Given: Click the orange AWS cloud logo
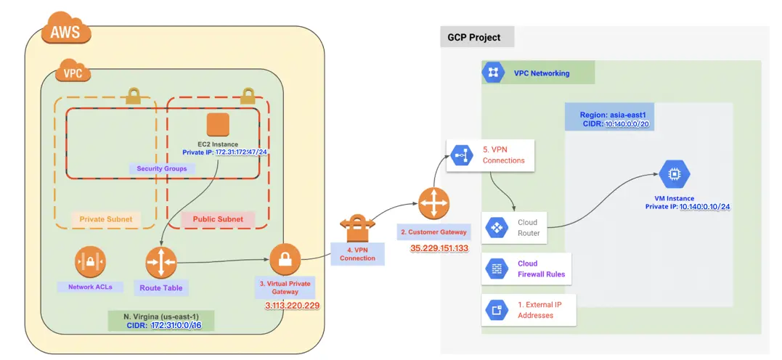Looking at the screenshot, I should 65,30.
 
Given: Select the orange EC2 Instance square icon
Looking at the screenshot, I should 218,124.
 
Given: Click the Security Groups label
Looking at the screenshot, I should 162,168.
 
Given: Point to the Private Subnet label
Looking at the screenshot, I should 106,218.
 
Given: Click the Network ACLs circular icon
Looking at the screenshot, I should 91,261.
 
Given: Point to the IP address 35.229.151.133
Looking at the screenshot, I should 439,248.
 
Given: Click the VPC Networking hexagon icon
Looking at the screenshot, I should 494,73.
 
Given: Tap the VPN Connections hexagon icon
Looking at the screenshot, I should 460,155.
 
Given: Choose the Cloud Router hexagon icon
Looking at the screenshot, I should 497,228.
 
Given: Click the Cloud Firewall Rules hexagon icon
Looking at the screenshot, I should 497,269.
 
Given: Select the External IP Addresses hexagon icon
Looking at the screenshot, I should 497,310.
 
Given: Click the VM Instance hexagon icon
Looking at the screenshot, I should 675,175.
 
